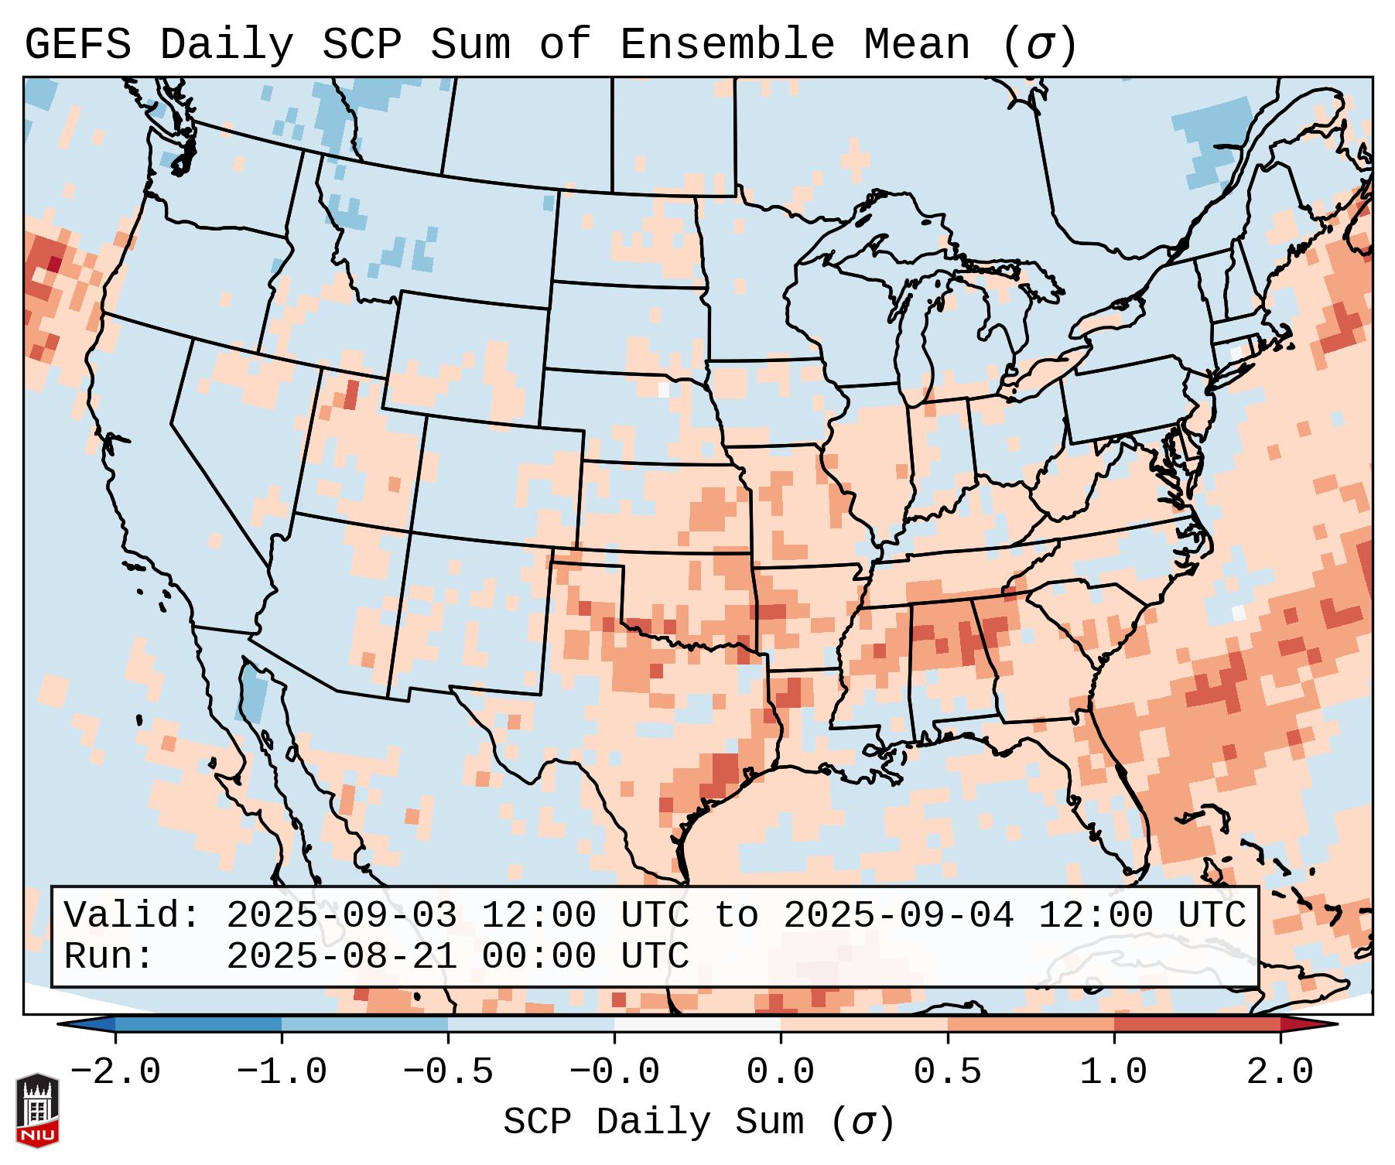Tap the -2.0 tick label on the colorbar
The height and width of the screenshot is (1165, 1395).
coord(115,1072)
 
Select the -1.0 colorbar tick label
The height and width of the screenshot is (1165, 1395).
coord(282,1072)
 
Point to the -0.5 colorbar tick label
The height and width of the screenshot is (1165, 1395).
coord(448,1072)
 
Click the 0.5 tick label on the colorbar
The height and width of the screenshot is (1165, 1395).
coord(947,1072)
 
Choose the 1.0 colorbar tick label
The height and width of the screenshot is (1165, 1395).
coord(1113,1072)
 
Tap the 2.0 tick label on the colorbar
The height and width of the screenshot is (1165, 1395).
coord(1280,1072)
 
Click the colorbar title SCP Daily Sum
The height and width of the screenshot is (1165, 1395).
coord(654,1122)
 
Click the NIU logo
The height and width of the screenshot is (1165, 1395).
coord(37,1110)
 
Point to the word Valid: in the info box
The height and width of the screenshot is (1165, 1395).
coord(132,915)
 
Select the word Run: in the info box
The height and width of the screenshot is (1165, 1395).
coord(108,956)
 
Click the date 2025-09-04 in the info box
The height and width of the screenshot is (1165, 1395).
coord(898,915)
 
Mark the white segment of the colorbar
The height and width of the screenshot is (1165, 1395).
coord(697,1024)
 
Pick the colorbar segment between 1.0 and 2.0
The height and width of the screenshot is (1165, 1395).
coord(1197,1024)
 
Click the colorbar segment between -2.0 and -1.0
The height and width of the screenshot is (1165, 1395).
coord(198,1024)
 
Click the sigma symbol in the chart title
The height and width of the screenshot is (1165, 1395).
coord(1040,45)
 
